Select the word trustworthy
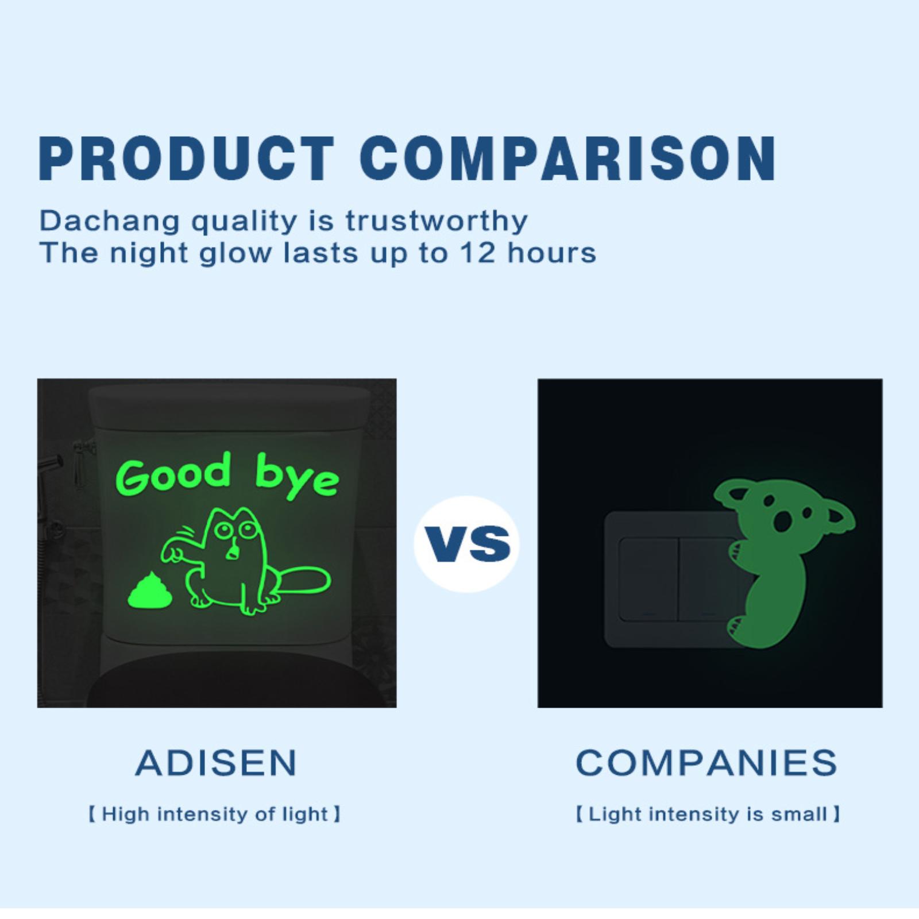pos(437,221)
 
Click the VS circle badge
pos(466,543)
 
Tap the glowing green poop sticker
pos(150,592)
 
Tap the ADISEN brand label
pos(217,763)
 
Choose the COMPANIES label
pos(706,763)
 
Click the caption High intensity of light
pos(214,814)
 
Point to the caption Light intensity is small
pos(708,814)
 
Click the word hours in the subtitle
pos(552,253)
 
